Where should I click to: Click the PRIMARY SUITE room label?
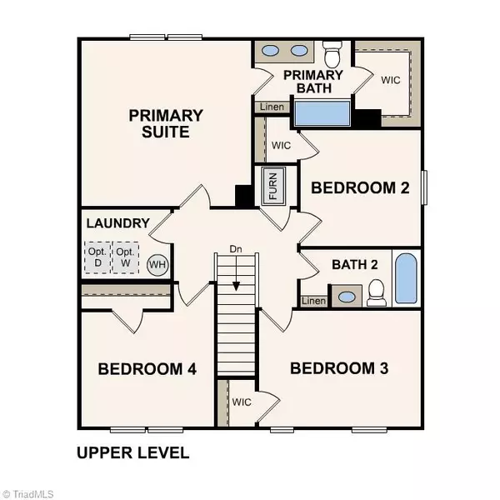point(166,122)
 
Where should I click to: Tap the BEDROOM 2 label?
point(360,187)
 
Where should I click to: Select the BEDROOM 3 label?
point(339,367)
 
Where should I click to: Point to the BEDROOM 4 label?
point(147,369)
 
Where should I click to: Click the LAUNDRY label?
point(117,223)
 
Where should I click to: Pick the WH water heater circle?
point(157,266)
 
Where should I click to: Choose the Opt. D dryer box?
point(96,258)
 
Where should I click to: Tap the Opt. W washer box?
point(127,258)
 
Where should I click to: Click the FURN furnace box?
point(272,185)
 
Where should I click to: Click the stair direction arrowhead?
point(236,285)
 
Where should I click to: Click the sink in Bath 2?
point(344,296)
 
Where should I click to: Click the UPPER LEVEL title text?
point(132,454)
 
